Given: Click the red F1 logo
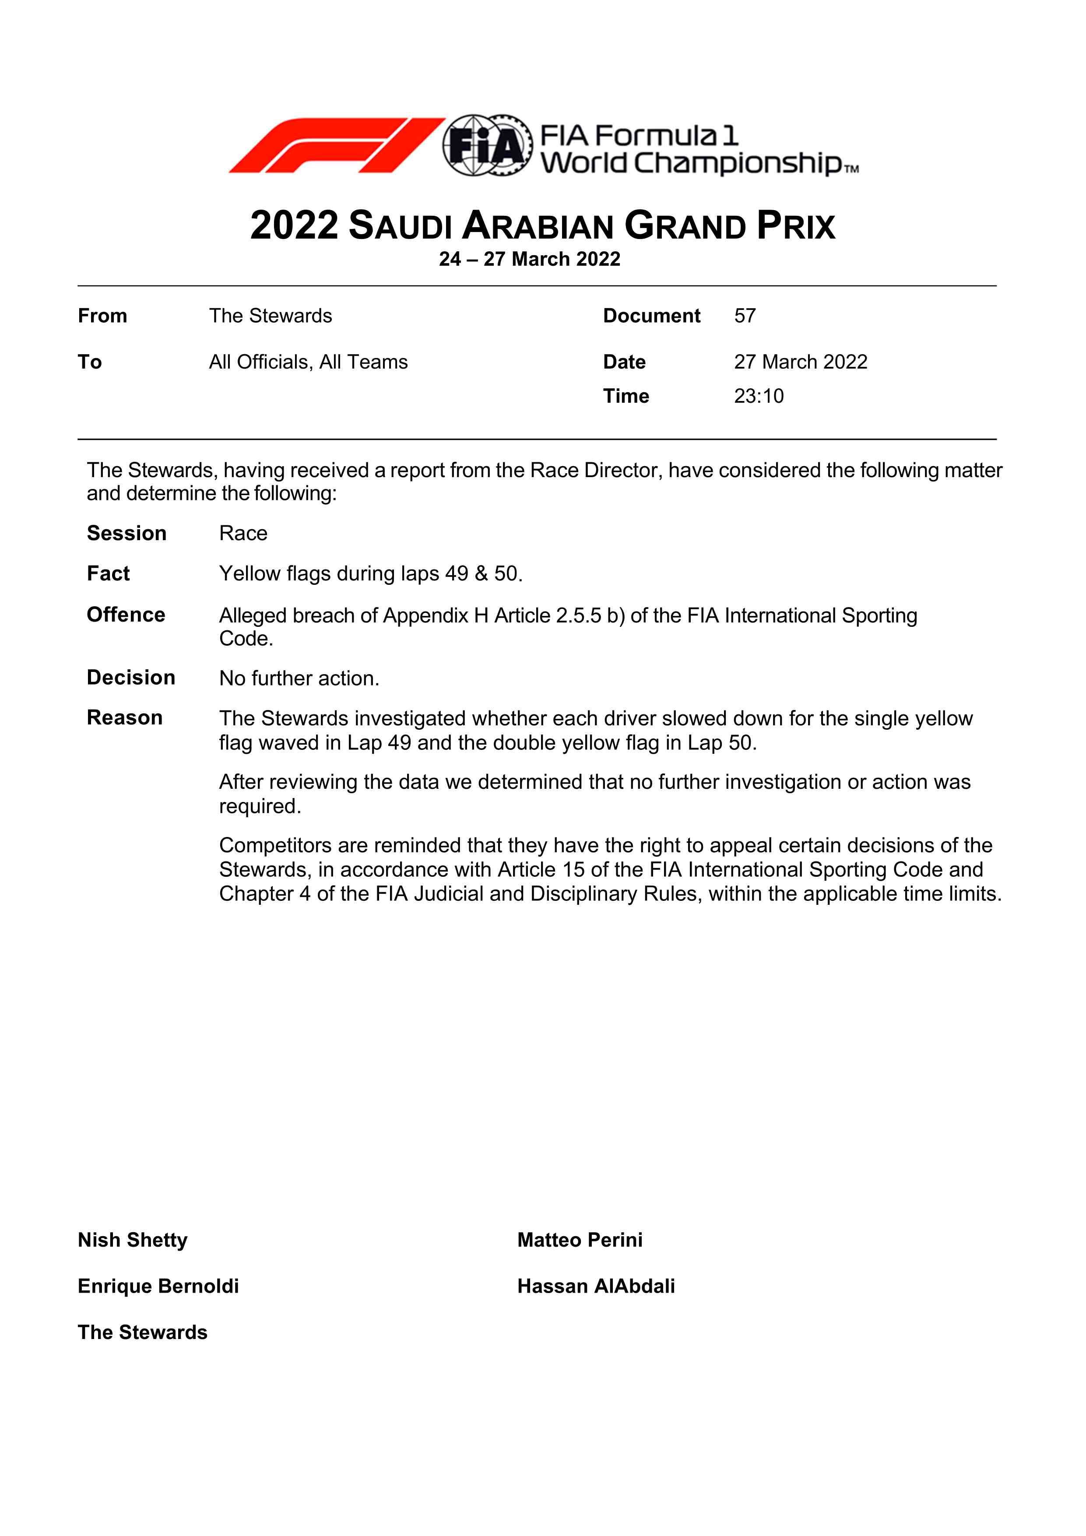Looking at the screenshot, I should pos(337,145).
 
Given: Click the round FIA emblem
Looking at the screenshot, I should pos(486,145).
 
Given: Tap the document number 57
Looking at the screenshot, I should pos(745,316).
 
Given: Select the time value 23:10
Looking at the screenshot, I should pos(759,396).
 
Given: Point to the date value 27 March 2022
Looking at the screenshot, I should pos(800,362).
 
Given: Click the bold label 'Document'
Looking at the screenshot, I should pos(651,316).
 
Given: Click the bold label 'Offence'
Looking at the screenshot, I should pos(126,615).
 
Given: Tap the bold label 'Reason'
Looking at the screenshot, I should pos(124,718).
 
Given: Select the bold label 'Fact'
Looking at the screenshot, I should pos(109,573).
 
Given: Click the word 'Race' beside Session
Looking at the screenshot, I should pos(243,533).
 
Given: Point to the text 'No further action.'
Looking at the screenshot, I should pos(299,678).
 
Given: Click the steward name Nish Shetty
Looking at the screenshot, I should pos(133,1240).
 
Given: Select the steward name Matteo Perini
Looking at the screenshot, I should pos(580,1240).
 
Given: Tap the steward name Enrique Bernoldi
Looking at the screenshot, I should pos(158,1286).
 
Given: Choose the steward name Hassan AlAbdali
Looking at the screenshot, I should pos(595,1286).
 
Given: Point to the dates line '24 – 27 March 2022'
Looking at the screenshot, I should pos(529,259).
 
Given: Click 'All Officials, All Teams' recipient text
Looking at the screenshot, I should pos(308,362).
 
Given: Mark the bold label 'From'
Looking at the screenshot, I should pos(102,316).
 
